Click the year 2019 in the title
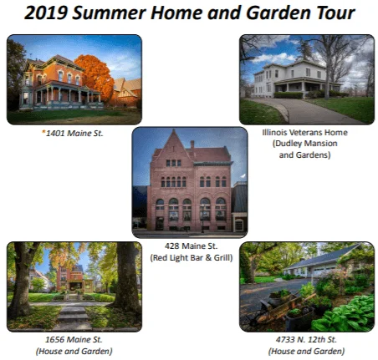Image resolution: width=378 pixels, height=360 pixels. (x=46, y=13)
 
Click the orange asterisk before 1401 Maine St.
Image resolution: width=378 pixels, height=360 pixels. (x=43, y=132)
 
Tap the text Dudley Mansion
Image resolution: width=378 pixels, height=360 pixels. (x=306, y=144)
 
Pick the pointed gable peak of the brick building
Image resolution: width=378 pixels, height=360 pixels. (x=174, y=131)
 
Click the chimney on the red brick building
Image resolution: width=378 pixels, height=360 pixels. (x=192, y=145)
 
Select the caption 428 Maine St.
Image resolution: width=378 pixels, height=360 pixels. (x=191, y=246)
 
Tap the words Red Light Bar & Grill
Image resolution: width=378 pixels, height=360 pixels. (x=192, y=258)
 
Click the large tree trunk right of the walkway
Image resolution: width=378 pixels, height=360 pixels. (x=125, y=277)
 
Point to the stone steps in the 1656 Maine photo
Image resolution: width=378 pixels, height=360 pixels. (x=73, y=315)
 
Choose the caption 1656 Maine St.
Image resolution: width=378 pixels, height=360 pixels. (x=74, y=340)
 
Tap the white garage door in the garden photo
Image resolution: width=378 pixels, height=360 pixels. (x=321, y=272)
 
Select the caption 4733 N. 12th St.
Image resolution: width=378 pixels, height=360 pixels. (x=306, y=340)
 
